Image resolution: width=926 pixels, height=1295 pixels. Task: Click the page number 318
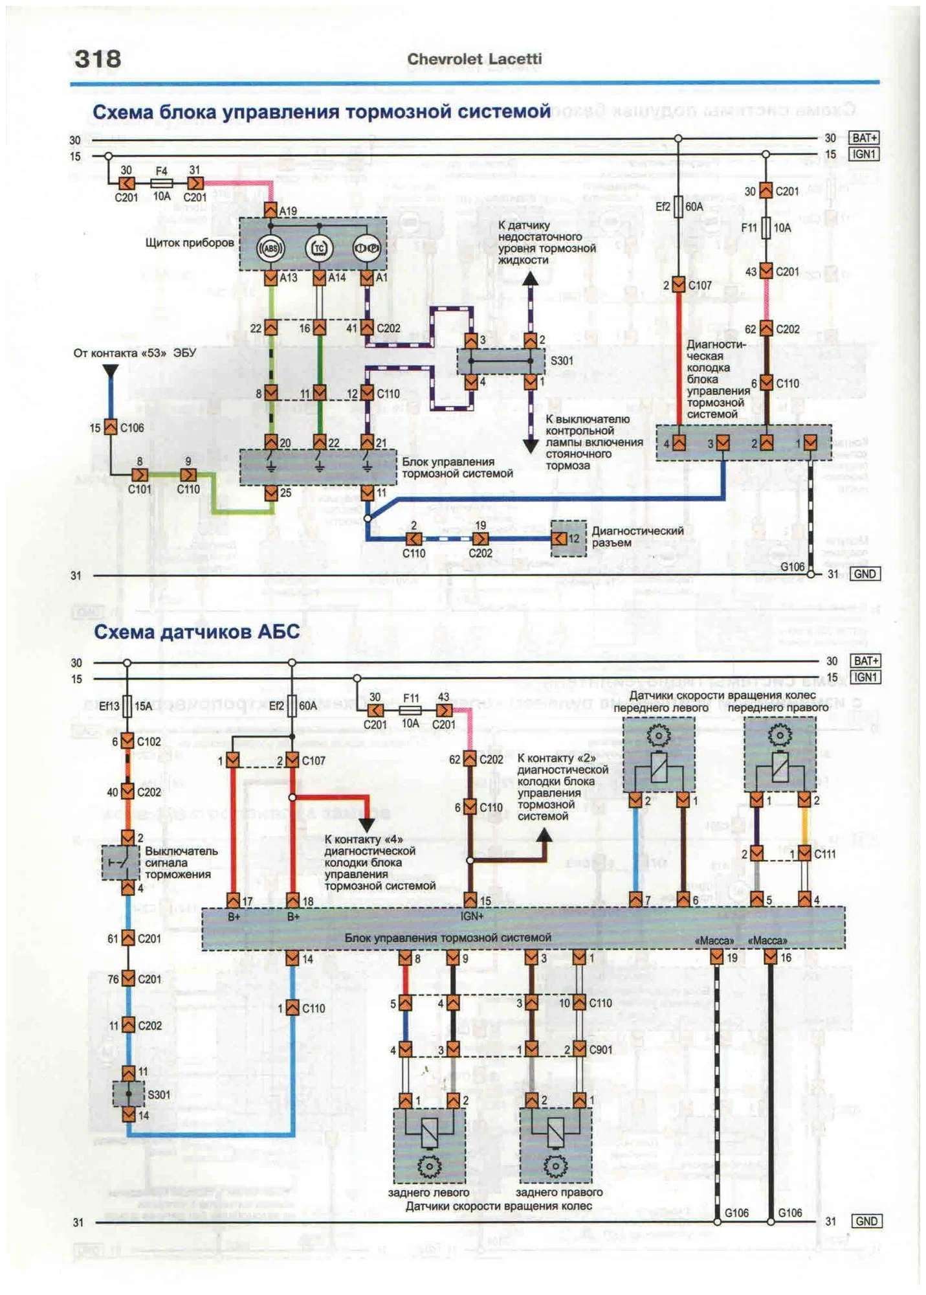coord(98,59)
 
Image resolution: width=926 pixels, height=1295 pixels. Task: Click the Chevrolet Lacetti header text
coord(474,59)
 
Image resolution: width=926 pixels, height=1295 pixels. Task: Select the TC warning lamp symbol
coord(318,247)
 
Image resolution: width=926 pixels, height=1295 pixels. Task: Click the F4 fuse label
coord(161,171)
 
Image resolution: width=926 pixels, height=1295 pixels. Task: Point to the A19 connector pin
coord(271,210)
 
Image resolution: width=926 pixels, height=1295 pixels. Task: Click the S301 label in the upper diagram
coord(561,361)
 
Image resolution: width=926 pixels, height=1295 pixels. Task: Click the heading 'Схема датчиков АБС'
coord(197,631)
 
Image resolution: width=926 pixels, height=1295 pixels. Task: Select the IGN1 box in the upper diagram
coord(864,154)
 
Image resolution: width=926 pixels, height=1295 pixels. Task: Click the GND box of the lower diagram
coord(866,1221)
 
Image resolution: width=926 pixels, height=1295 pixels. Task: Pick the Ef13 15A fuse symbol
coord(127,705)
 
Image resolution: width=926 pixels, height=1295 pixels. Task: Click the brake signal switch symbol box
coord(120,862)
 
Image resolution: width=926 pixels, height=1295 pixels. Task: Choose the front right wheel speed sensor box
coord(780,754)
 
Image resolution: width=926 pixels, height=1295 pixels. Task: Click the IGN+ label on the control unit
coord(472,916)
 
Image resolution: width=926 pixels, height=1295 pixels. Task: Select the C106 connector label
coord(131,427)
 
